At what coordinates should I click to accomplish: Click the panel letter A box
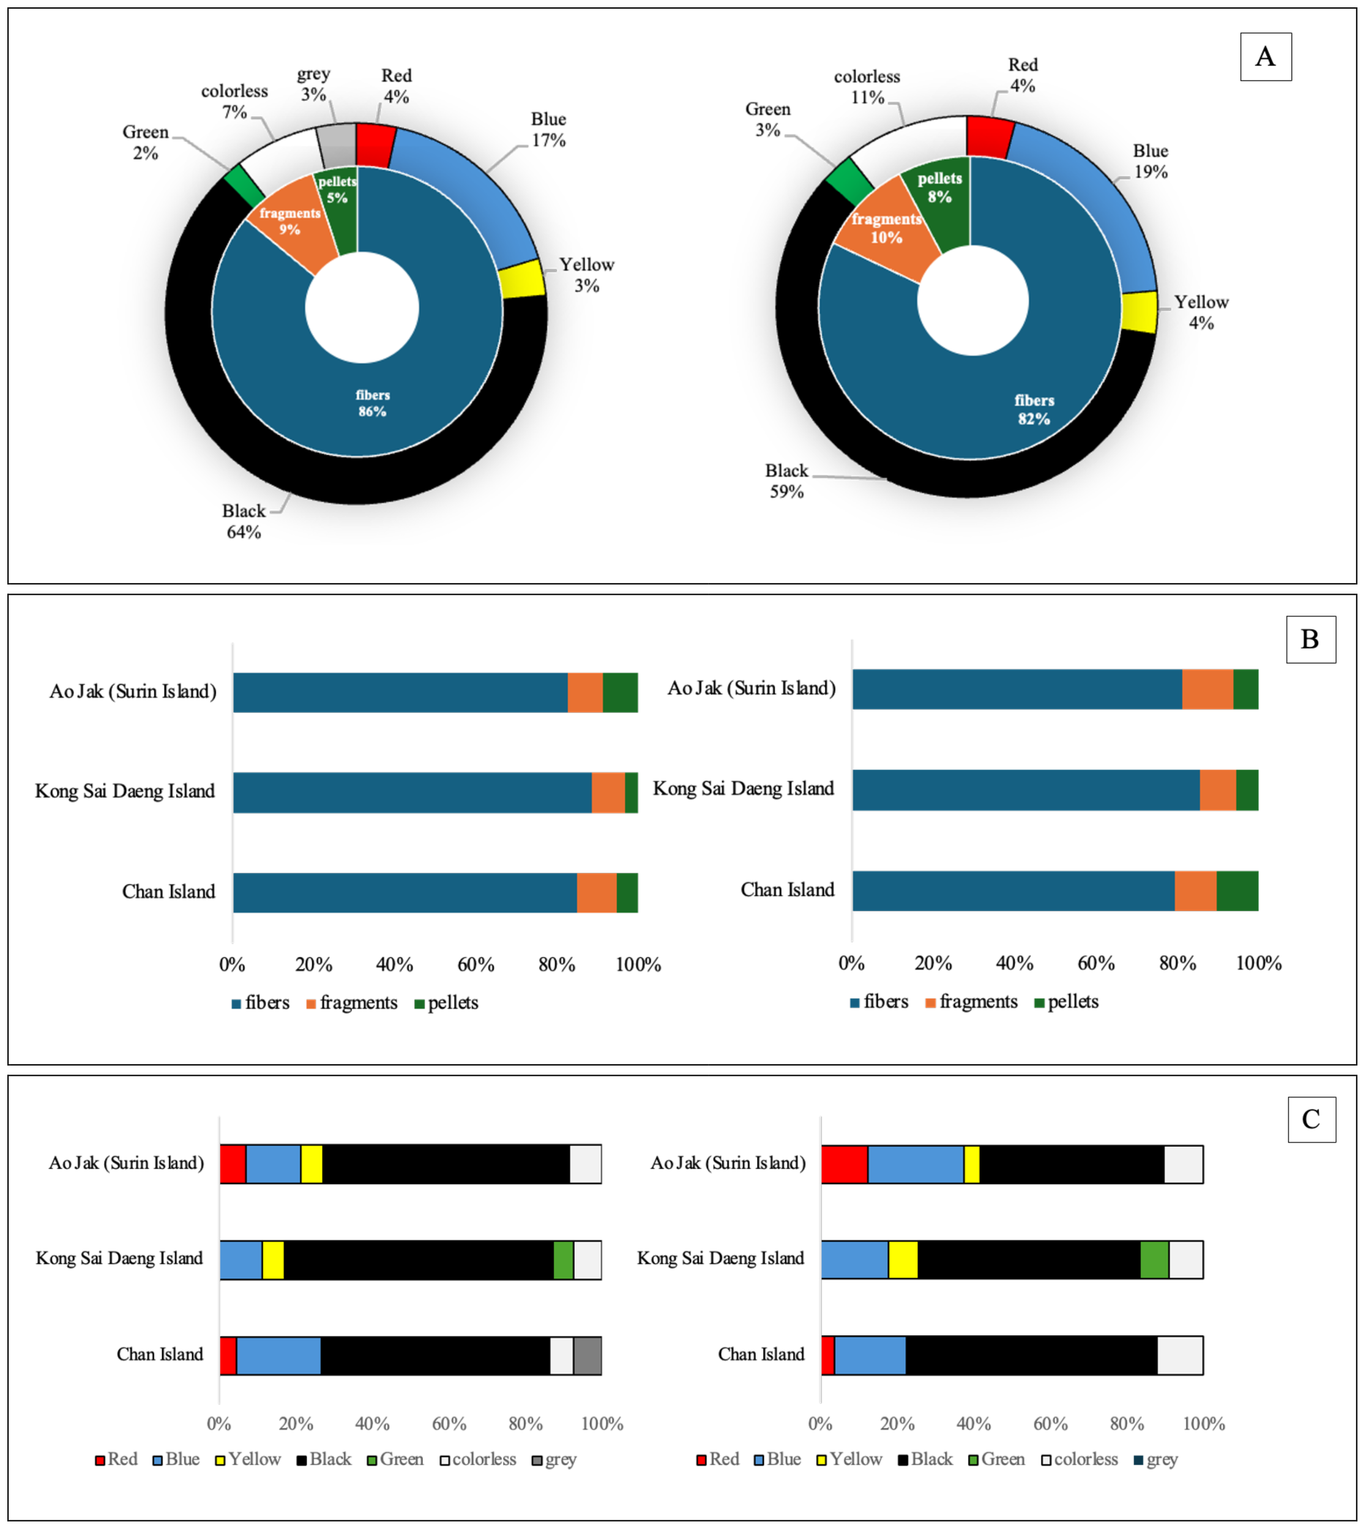click(1266, 57)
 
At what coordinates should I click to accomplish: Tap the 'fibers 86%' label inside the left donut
click(372, 403)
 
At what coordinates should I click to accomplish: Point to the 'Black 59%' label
click(786, 481)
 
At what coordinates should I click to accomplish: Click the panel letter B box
click(1310, 640)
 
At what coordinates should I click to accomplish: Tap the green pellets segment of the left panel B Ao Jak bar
click(620, 693)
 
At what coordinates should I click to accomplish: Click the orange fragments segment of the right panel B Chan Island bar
click(1195, 890)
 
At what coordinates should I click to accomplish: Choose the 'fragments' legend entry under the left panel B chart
click(352, 1003)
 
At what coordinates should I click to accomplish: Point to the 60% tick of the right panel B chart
click(1096, 963)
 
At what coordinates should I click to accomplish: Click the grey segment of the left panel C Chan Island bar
click(587, 1355)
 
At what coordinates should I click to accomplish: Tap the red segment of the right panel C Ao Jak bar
click(845, 1165)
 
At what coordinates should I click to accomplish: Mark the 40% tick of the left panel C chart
click(372, 1424)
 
